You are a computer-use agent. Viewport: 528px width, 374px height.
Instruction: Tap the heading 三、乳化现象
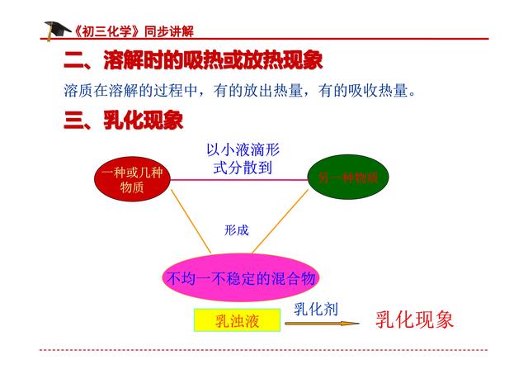click(x=123, y=121)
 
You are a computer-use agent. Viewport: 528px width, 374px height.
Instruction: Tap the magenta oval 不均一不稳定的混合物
click(x=242, y=278)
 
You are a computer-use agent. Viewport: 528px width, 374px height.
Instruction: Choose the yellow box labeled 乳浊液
click(x=237, y=320)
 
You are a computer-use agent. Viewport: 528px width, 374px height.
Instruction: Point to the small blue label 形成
click(x=236, y=230)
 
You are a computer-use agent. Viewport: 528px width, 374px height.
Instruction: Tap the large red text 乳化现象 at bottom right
click(x=414, y=320)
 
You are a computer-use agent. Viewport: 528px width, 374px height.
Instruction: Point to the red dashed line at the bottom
click(x=264, y=350)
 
